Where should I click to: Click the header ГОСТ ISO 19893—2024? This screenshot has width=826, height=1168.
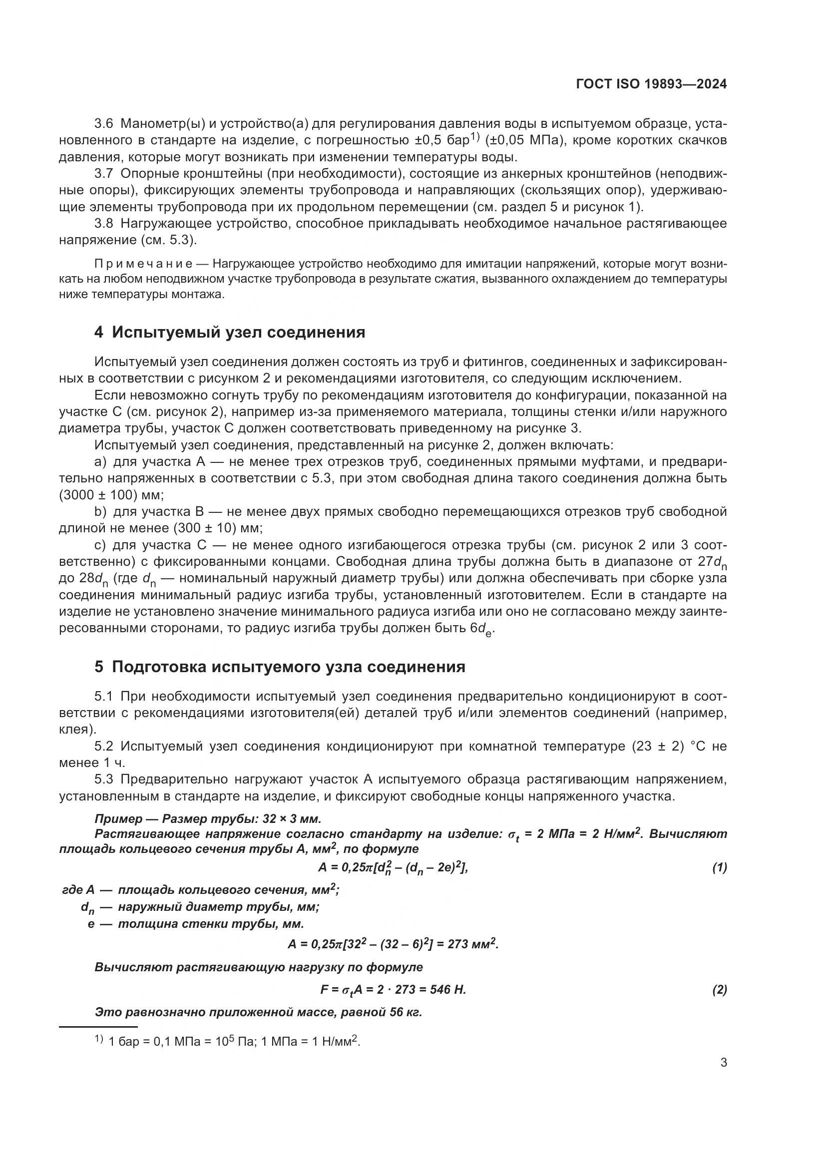click(x=651, y=84)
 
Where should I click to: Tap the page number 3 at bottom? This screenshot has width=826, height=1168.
click(x=723, y=1063)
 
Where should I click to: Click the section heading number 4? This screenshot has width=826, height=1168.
click(x=99, y=333)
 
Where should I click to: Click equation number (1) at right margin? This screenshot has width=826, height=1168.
click(x=719, y=868)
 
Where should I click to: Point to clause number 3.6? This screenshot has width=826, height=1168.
click(x=105, y=124)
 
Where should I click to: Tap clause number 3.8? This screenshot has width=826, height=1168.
click(x=105, y=224)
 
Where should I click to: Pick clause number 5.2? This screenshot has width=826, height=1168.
click(x=105, y=746)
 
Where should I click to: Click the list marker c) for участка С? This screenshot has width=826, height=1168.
click(x=100, y=545)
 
